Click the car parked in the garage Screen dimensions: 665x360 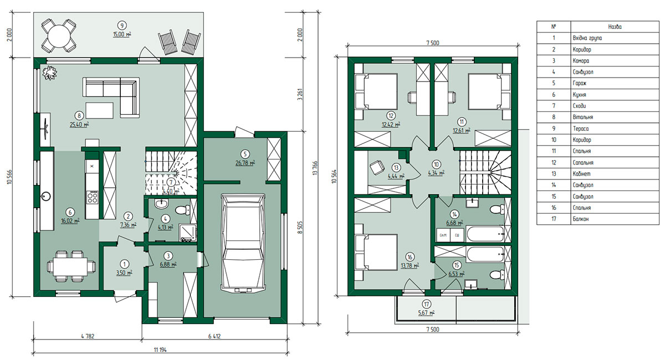coord(243,243)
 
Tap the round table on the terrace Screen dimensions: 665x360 coord(59,35)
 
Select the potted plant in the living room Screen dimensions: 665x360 coord(50,73)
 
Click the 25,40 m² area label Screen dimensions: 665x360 coord(79,125)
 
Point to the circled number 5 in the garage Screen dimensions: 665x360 coord(245,154)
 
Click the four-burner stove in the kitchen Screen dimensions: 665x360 coord(92,197)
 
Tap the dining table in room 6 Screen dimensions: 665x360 coord(70,266)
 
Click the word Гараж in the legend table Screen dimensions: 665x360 coord(579,84)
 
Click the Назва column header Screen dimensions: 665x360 coord(615,27)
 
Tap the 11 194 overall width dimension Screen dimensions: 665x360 coord(160,349)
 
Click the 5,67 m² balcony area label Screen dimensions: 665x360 coord(426,312)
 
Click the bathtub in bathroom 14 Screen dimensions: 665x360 coord(485,234)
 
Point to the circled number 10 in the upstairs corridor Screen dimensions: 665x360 coord(436,164)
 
